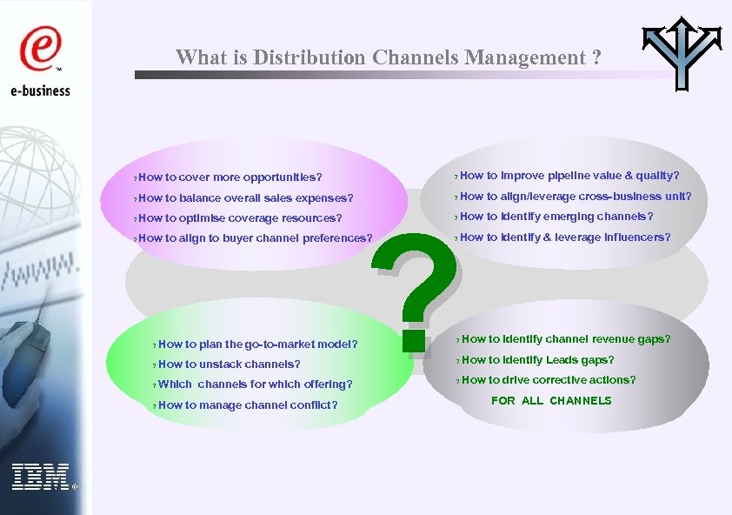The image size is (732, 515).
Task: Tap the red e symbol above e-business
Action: (x=38, y=50)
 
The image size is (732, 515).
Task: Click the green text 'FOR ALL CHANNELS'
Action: (x=551, y=401)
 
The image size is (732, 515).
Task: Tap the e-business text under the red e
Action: (x=40, y=90)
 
